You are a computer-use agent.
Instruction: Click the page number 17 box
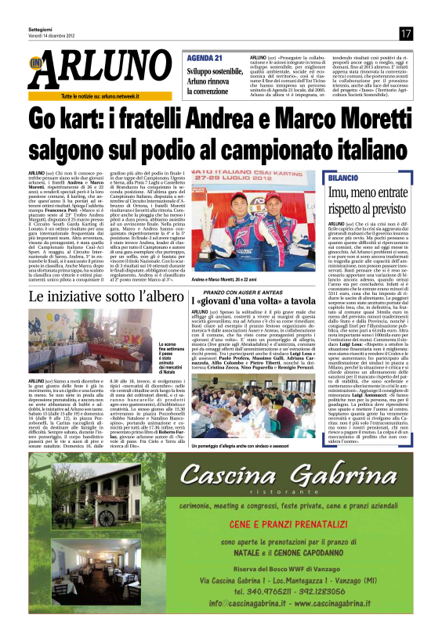tap(405, 33)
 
